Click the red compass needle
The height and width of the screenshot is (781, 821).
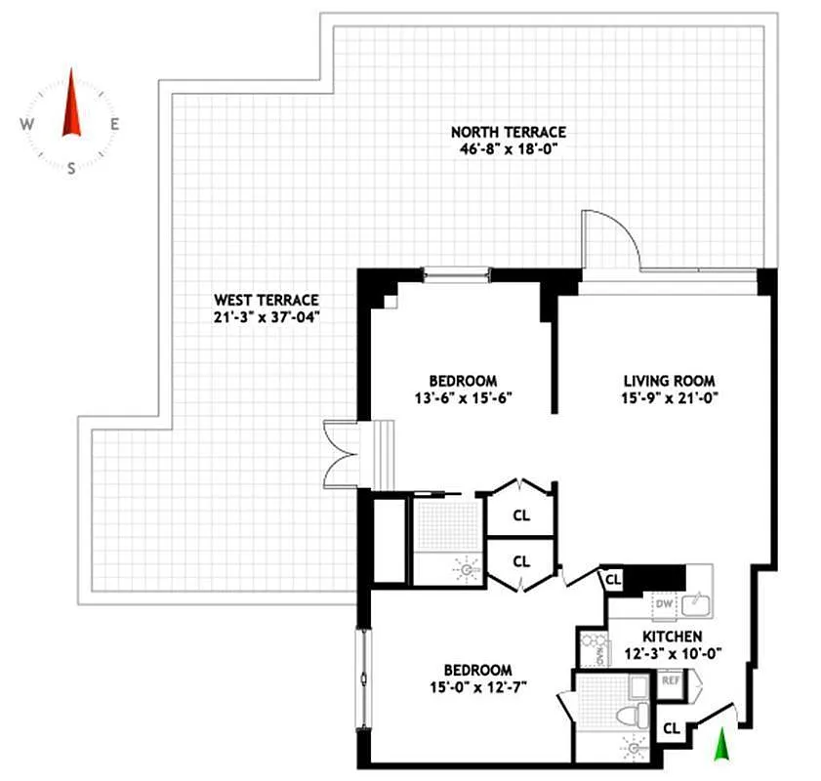point(70,105)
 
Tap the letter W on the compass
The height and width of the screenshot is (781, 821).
point(28,124)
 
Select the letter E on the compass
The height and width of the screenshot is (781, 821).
point(114,124)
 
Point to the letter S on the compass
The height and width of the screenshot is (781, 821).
point(71,167)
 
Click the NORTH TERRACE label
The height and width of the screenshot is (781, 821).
point(508,132)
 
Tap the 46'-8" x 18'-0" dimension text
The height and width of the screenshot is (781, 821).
point(508,149)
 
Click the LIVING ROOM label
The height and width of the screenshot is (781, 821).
point(670,381)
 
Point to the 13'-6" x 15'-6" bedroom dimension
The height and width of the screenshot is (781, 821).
point(464,397)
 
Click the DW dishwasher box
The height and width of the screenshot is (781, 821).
point(664,605)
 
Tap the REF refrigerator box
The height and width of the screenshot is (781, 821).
point(672,680)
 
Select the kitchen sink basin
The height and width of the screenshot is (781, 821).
point(695,605)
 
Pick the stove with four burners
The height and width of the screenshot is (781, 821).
point(591,649)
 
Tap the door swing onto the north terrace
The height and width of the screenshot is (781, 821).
point(607,239)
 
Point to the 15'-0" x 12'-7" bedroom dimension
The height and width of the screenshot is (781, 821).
point(478,687)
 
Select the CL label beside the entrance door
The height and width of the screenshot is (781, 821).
point(672,728)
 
